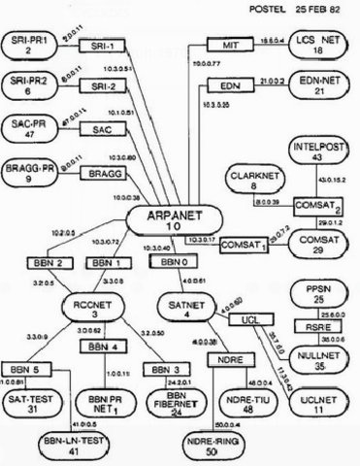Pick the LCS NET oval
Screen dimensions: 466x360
319,45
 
